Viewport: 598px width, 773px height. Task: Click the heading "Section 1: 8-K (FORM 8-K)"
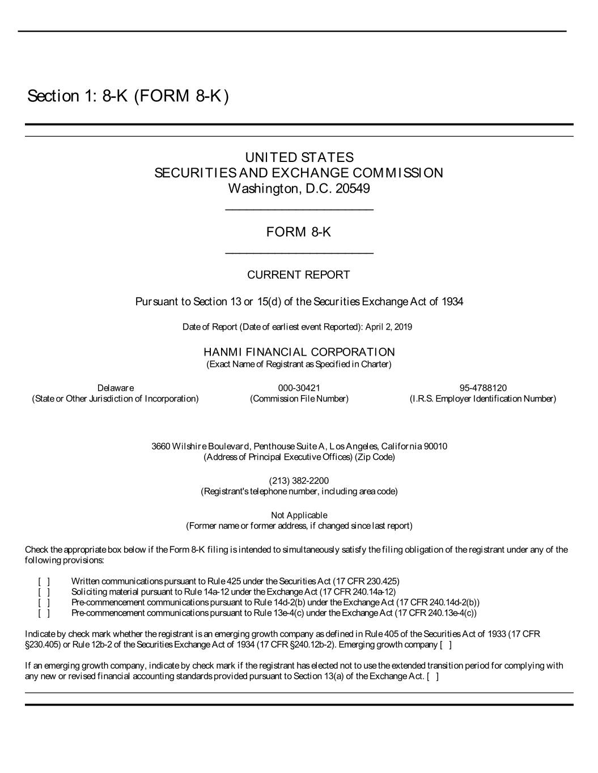coord(128,96)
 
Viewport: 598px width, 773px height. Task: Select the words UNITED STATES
coord(299,157)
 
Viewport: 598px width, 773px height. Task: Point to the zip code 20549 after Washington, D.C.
coord(353,188)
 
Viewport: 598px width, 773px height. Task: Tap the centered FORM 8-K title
coord(299,232)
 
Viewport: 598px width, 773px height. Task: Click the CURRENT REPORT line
coord(299,275)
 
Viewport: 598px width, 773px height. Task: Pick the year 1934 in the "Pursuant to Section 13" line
coord(452,302)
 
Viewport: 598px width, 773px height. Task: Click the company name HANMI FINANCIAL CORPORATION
coord(299,352)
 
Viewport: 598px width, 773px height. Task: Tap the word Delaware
coord(116,388)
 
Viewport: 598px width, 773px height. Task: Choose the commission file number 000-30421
coord(299,388)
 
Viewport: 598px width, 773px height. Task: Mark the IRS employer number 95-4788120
coord(483,388)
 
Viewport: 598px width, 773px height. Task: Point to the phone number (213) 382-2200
coord(299,481)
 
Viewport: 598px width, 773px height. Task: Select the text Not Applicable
coord(299,515)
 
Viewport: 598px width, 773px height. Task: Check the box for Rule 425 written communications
coord(44,581)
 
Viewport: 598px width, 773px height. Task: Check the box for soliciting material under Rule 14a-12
coord(44,592)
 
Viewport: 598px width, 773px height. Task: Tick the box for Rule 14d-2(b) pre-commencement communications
coord(44,602)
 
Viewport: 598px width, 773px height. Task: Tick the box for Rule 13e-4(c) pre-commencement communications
coord(44,613)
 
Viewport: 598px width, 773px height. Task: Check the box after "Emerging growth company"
coord(446,644)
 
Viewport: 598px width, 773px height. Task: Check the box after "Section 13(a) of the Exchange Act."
coord(432,676)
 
